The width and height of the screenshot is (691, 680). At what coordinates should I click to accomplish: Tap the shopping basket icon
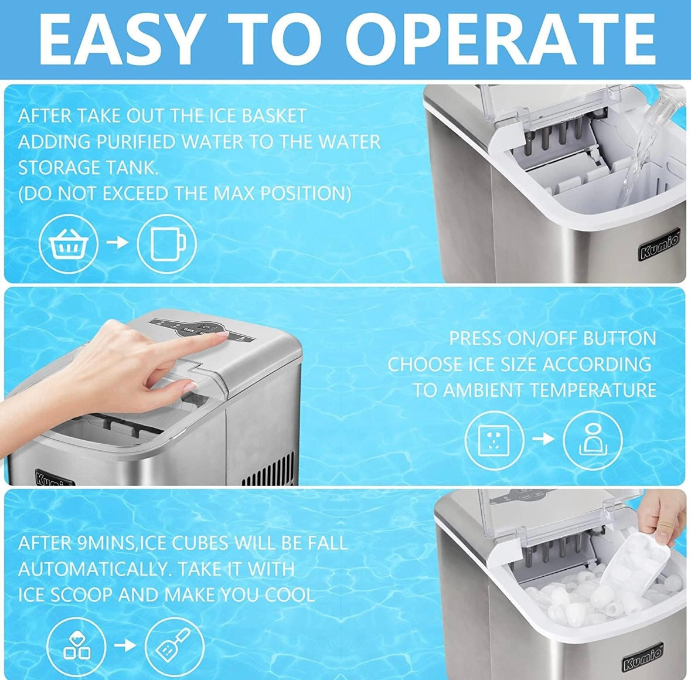point(68,243)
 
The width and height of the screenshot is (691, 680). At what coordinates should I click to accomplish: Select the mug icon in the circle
point(166,243)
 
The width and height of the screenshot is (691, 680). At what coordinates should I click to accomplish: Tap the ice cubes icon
point(77,647)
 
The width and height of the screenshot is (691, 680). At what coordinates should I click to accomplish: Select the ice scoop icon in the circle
point(174,647)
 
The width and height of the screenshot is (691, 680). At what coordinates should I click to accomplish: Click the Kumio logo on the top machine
point(659,245)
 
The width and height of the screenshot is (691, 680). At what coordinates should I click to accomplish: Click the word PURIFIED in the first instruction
point(135,142)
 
